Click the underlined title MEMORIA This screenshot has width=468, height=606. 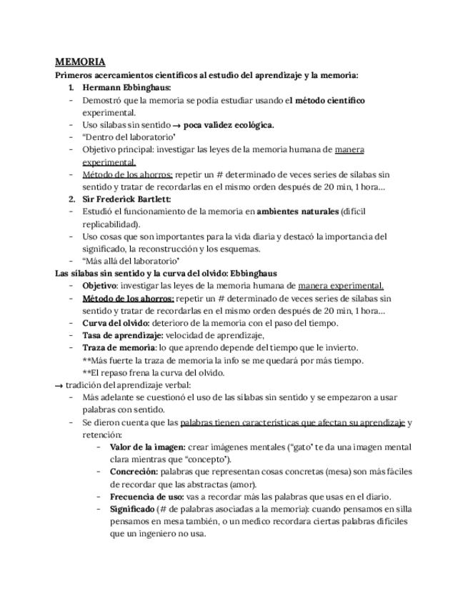coord(80,62)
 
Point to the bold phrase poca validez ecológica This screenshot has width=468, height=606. coord(228,125)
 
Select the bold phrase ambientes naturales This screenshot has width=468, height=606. coord(297,212)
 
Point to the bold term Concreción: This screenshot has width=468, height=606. coord(134,472)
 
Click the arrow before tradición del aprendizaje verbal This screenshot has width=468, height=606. coord(59,385)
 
